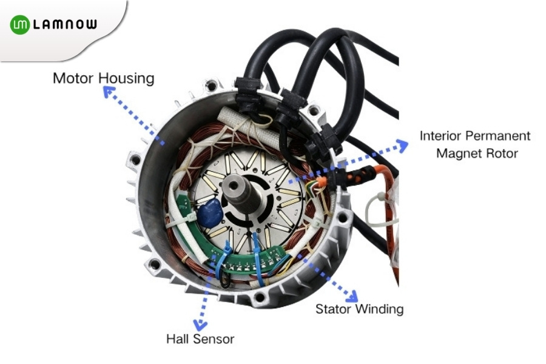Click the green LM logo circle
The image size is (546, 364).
click(x=20, y=24)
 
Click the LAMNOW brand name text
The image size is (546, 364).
click(x=65, y=24)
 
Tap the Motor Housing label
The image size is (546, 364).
click(x=103, y=78)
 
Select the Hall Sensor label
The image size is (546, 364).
click(x=200, y=339)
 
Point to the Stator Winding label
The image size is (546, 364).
click(x=359, y=309)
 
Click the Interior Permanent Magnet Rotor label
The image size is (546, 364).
click(x=475, y=144)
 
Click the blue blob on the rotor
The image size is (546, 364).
click(x=210, y=213)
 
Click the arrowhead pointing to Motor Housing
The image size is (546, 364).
click(x=109, y=92)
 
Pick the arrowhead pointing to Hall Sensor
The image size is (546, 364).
click(x=200, y=325)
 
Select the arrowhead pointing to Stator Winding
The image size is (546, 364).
click(x=352, y=297)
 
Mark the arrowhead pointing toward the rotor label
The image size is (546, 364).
click(x=403, y=145)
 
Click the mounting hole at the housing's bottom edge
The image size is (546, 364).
click(x=259, y=297)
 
